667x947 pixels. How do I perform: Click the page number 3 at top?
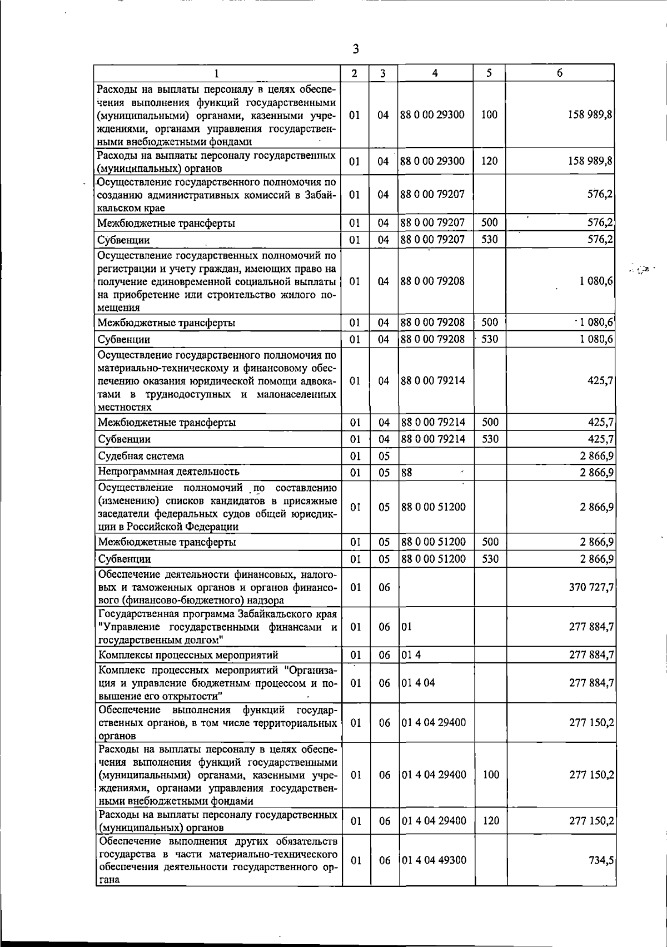click(356, 49)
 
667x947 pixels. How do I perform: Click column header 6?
click(560, 73)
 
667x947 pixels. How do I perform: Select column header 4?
click(435, 73)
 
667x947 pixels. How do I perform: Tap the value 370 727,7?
click(591, 587)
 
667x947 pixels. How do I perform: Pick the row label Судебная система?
click(141, 456)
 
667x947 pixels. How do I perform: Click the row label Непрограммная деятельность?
click(168, 472)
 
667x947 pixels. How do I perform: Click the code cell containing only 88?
click(406, 473)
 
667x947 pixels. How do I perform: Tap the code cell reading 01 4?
click(411, 655)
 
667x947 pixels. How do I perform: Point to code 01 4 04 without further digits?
click(418, 683)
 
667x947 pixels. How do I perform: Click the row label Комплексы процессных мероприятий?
click(188, 655)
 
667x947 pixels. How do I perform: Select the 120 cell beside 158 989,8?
click(489, 161)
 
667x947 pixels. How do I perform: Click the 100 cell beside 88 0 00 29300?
click(489, 115)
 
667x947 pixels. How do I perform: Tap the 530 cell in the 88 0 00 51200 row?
click(490, 559)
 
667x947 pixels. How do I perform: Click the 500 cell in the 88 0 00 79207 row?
click(489, 223)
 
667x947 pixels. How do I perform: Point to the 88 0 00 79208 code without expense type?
click(432, 281)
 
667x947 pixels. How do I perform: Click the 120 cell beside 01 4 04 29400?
click(491, 821)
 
